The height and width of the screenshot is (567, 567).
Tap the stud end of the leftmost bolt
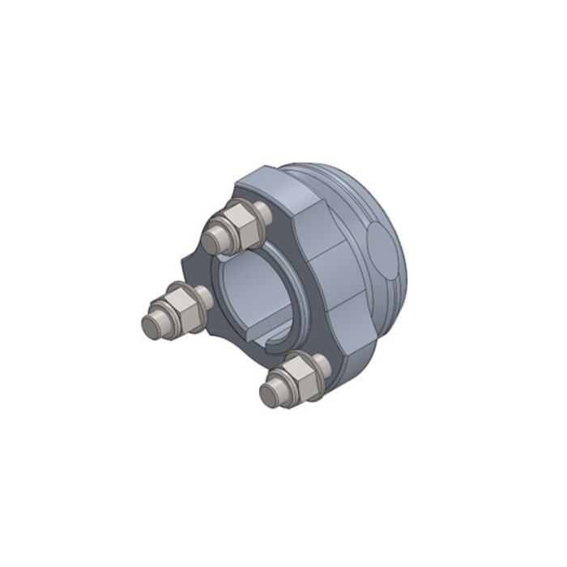click(151, 326)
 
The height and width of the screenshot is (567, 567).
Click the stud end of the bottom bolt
click(270, 394)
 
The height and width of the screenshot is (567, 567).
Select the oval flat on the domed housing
click(385, 247)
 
